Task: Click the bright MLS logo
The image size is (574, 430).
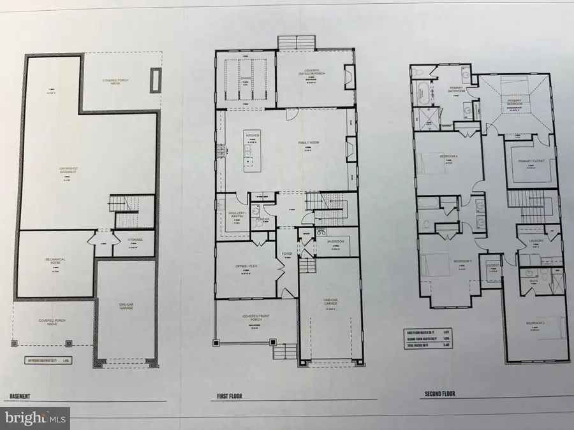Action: pos(34,419)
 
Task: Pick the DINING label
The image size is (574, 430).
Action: pos(245,78)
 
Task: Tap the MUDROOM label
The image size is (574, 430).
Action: pos(335,241)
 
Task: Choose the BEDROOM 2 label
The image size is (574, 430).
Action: pos(536,324)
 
